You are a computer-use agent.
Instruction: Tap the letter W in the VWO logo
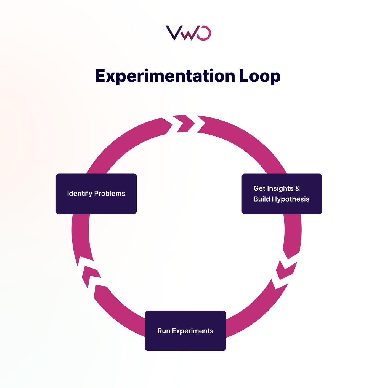[190, 34]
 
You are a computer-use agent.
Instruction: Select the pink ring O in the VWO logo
[205, 33]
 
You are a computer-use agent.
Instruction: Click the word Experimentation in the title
[165, 76]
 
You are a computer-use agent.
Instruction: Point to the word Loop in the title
[260, 76]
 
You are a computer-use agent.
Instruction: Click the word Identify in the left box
[79, 193]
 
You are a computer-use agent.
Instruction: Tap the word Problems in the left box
[110, 193]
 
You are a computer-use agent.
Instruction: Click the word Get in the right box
[259, 188]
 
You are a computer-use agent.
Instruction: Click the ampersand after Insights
[297, 188]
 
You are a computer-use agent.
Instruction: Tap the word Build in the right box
[262, 199]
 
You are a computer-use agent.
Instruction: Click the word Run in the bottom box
[163, 331]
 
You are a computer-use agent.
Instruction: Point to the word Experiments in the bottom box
[193, 331]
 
